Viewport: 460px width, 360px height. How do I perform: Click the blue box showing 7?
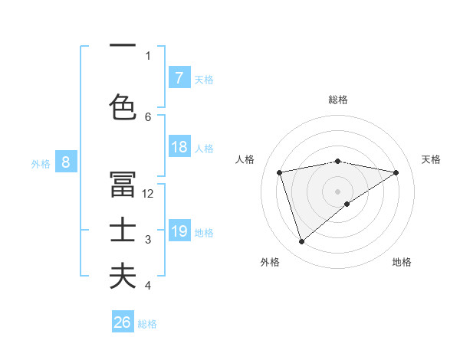click(x=179, y=77)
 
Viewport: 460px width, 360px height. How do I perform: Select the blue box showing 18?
click(x=179, y=148)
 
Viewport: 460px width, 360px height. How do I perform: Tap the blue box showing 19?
click(x=179, y=231)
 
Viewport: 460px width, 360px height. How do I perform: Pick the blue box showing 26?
click(x=123, y=322)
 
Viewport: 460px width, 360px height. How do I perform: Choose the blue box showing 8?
click(x=66, y=162)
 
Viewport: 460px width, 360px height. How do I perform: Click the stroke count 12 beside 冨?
click(x=149, y=194)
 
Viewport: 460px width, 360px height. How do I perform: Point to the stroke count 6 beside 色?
click(x=148, y=116)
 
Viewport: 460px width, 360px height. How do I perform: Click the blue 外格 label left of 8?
click(x=41, y=162)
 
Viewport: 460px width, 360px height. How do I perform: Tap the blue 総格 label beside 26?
click(x=147, y=324)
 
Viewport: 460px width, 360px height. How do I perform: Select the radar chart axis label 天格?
click(x=432, y=159)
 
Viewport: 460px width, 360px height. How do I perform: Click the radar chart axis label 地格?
click(x=402, y=262)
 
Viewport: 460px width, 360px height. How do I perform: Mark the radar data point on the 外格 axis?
click(x=302, y=242)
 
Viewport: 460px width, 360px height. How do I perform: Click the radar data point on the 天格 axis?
click(x=396, y=172)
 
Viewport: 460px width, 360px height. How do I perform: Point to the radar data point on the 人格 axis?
click(x=280, y=172)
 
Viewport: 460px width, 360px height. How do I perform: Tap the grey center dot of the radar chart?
click(x=337, y=191)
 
